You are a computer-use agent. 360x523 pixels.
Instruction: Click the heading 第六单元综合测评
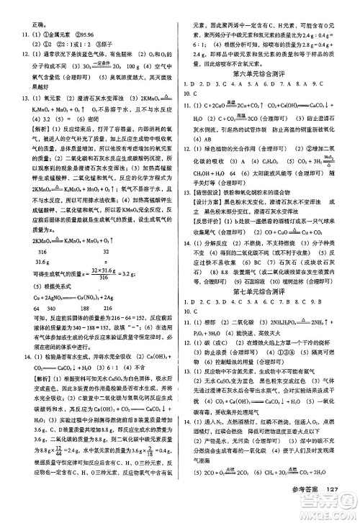pyautogui.click(x=269, y=73)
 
